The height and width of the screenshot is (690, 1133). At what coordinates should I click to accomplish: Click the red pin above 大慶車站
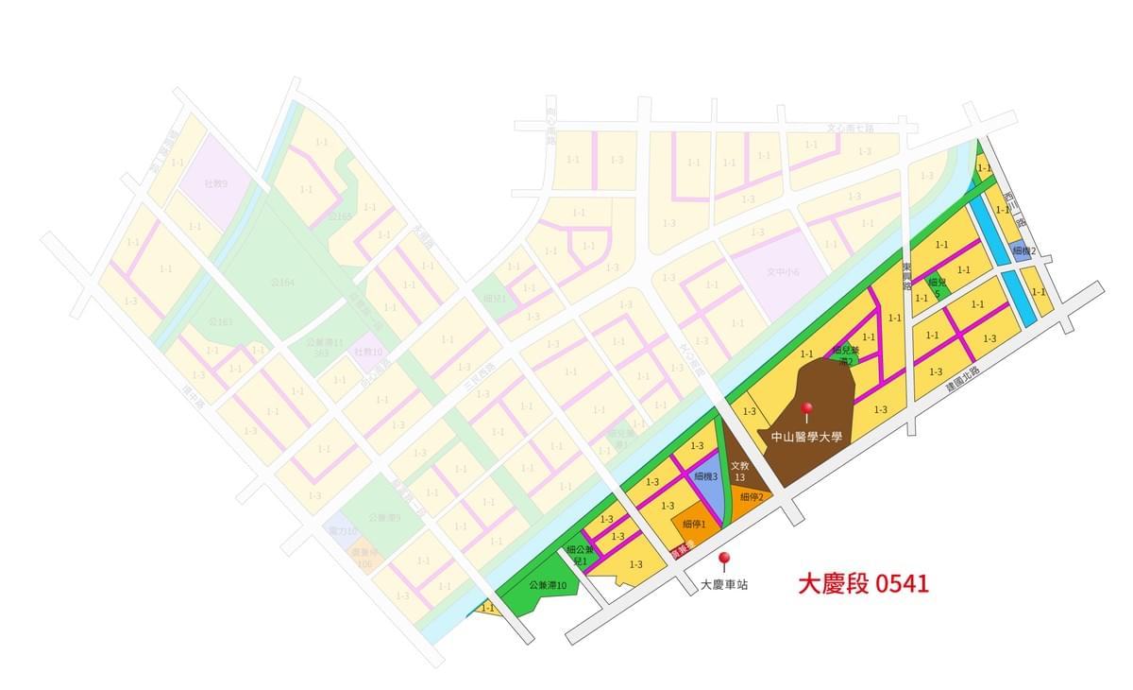724,561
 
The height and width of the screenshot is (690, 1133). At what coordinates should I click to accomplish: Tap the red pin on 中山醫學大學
806,410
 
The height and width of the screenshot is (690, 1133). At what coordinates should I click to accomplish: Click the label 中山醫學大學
805,437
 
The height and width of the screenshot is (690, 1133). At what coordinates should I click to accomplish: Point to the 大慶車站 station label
724,585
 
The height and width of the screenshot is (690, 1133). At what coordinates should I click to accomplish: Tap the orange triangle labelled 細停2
751,498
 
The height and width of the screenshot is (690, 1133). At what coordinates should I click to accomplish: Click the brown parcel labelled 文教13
740,471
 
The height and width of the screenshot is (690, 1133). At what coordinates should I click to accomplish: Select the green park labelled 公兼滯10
548,587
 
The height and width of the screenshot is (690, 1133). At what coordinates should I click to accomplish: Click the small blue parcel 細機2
1023,251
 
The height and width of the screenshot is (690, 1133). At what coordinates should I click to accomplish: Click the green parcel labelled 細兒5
937,286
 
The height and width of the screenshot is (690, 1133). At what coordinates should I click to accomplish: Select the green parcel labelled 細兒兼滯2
844,354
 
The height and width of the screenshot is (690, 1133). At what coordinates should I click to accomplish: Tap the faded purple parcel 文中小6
783,272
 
